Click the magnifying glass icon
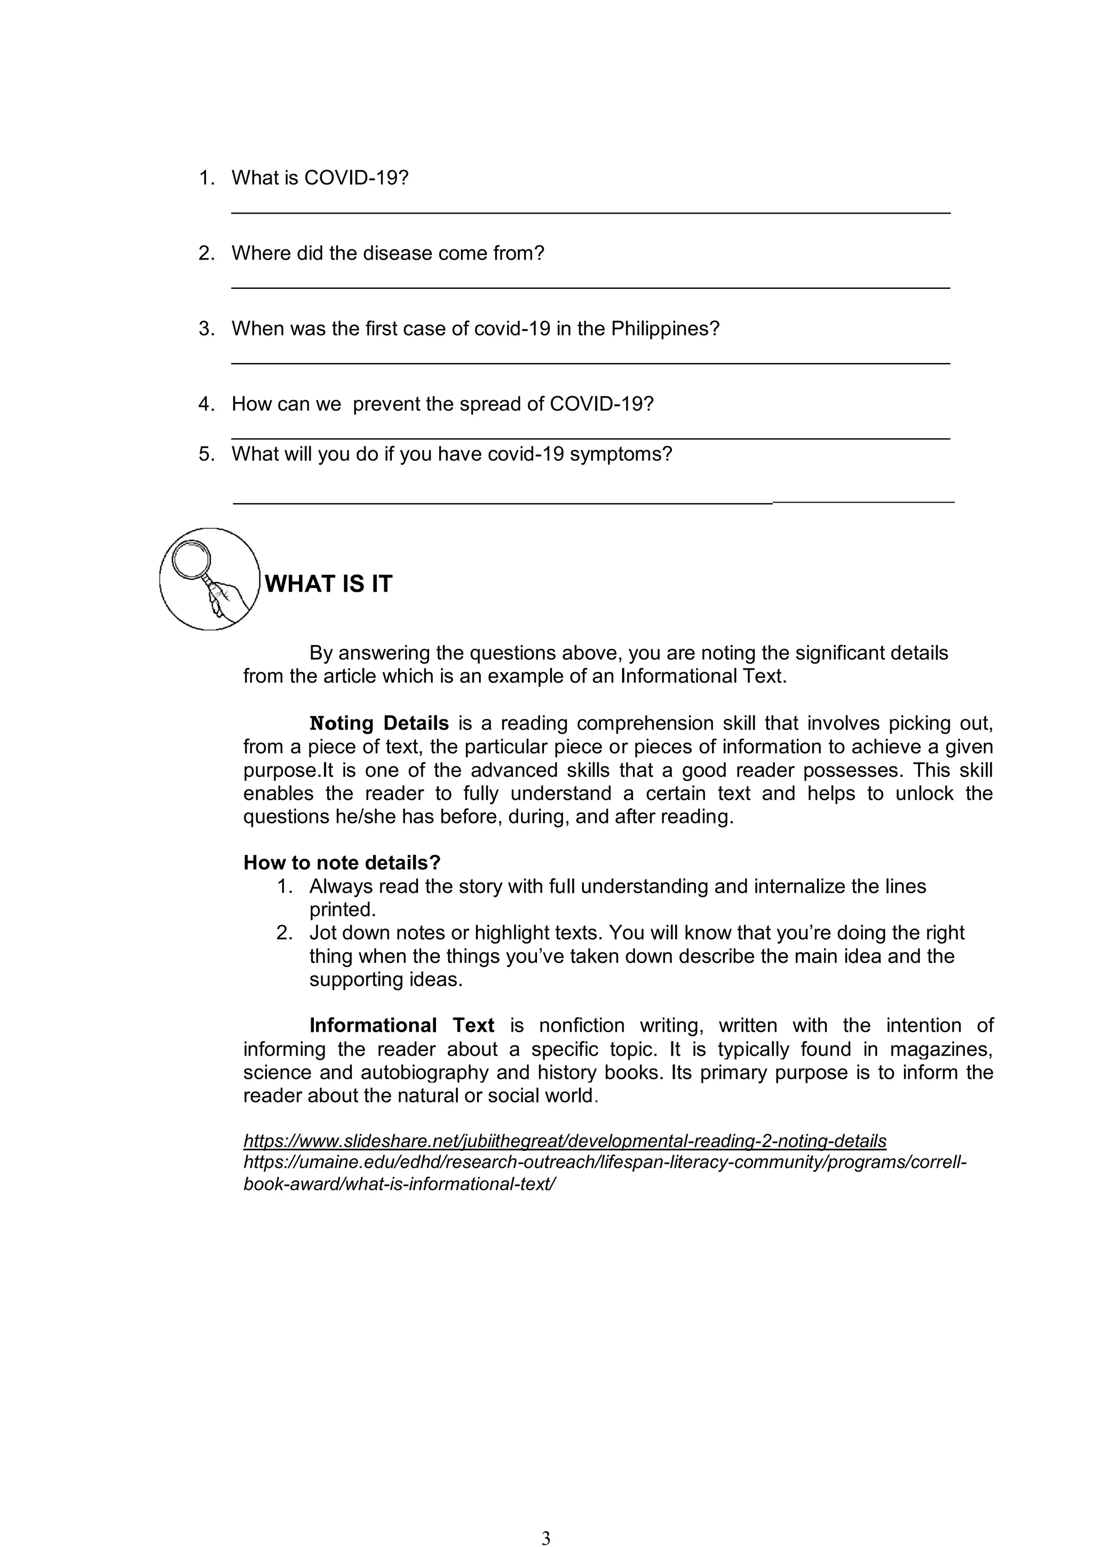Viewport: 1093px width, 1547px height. [x=209, y=579]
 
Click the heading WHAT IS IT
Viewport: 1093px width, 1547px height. [x=328, y=584]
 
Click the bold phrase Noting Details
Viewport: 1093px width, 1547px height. [x=378, y=723]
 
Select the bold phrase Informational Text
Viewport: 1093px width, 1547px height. [x=401, y=1025]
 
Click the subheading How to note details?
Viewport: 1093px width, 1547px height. [x=342, y=862]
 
